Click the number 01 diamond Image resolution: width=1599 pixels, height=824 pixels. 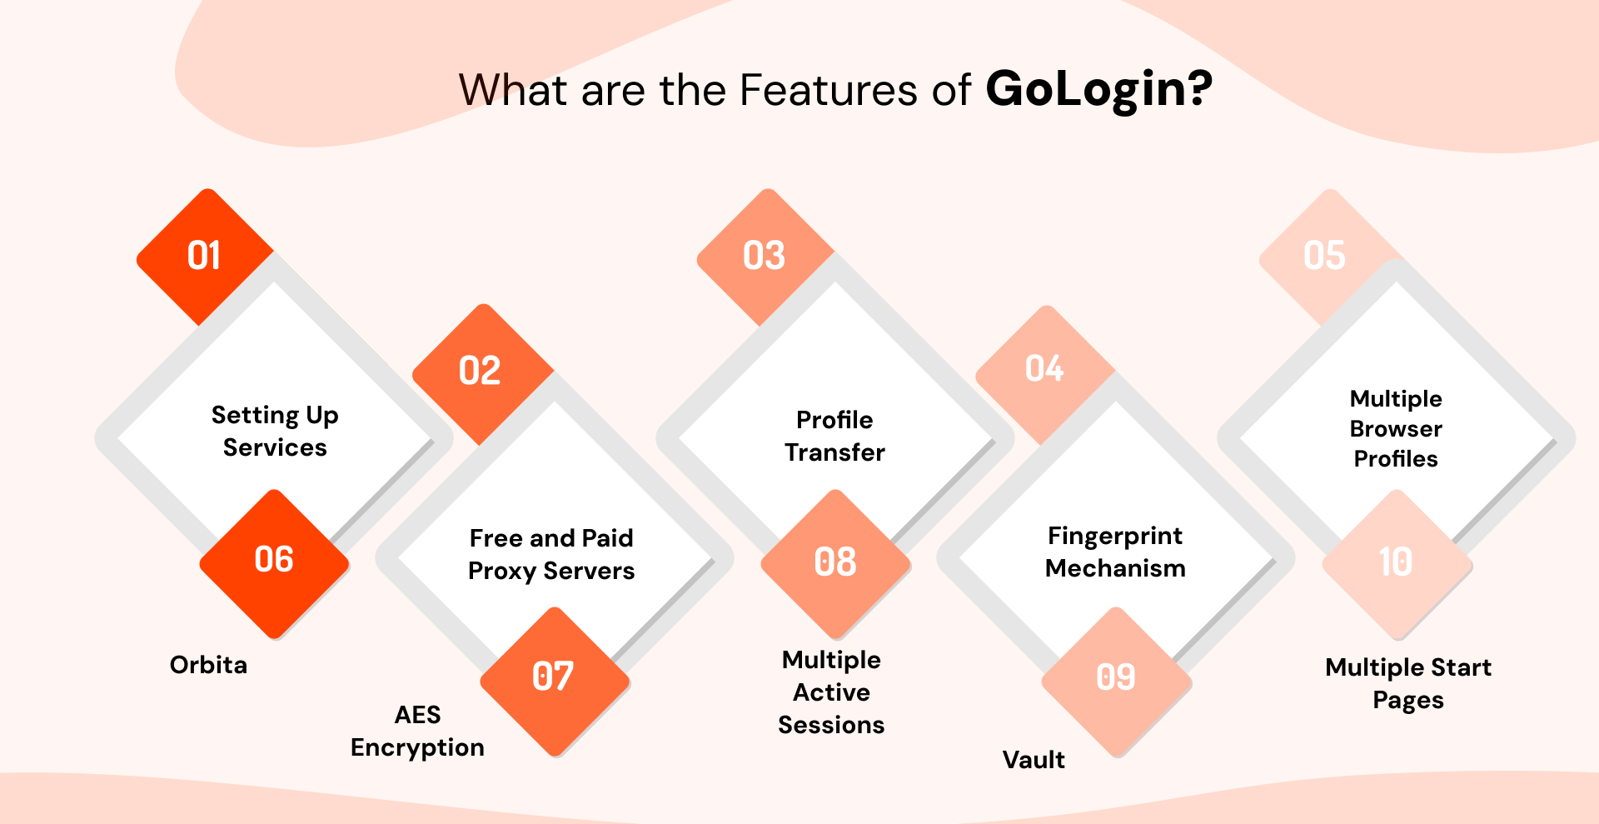point(205,256)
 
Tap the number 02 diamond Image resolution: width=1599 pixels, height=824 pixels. point(481,372)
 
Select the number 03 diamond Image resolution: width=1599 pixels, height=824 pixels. point(765,256)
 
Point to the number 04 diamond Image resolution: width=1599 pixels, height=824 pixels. point(1044,370)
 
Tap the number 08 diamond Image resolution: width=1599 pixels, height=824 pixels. point(835,563)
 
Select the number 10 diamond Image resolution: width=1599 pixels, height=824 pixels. point(1397,563)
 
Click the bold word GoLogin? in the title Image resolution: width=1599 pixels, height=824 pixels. point(1098,90)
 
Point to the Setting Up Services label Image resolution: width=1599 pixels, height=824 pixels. point(275,432)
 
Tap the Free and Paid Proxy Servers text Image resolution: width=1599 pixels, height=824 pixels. point(551,555)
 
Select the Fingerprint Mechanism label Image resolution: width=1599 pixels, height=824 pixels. point(1115,552)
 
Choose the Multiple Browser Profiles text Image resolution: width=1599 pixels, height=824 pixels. point(1396,429)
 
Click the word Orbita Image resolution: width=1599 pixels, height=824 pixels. point(208,665)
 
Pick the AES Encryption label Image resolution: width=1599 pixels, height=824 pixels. point(417,732)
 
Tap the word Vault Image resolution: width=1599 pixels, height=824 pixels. point(1034,760)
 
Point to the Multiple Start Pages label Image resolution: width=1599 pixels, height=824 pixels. point(1408,684)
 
